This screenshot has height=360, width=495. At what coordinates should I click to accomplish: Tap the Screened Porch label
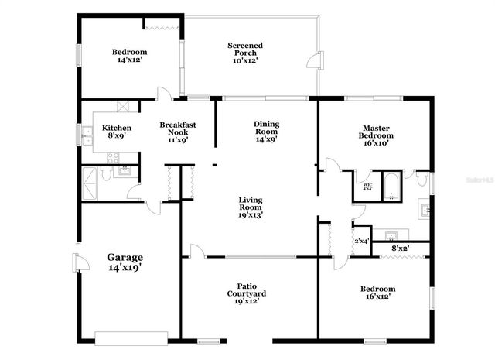click(244, 53)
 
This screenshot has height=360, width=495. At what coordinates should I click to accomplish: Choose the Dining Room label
click(266, 132)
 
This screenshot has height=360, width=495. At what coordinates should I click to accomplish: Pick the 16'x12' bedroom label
click(377, 293)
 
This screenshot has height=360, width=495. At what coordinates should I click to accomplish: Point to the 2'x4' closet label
click(361, 241)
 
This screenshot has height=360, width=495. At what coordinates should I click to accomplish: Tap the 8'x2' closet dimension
click(401, 249)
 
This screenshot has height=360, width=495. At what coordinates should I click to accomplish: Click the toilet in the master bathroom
click(421, 180)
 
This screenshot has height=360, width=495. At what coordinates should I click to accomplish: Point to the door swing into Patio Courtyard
click(197, 250)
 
